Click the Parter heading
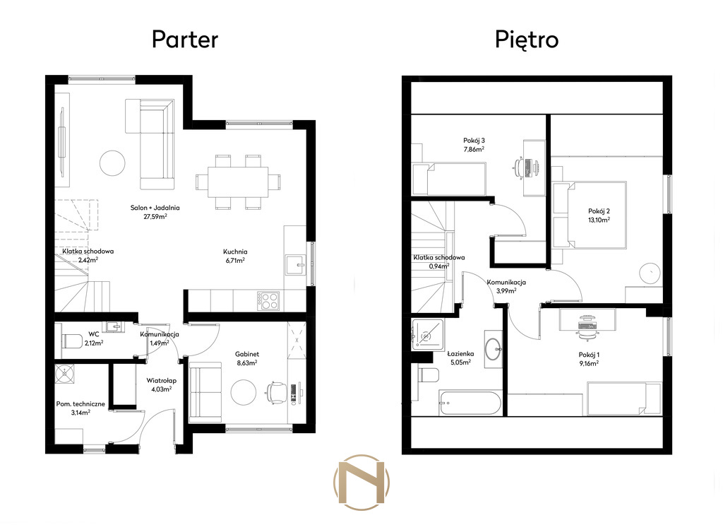pyautogui.click(x=185, y=40)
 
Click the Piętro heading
pyautogui.click(x=527, y=40)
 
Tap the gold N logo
pyautogui.click(x=361, y=483)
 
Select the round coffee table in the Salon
pyautogui.click(x=112, y=163)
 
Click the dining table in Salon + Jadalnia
pyautogui.click(x=238, y=182)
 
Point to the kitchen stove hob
pyautogui.click(x=268, y=301)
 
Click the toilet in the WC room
pyautogui.click(x=72, y=341)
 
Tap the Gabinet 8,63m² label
pyautogui.click(x=247, y=358)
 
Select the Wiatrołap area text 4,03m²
pyautogui.click(x=162, y=389)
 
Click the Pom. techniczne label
pyautogui.click(x=80, y=403)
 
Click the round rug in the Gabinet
pyautogui.click(x=244, y=393)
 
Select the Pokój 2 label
pyautogui.click(x=599, y=211)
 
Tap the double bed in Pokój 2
pyautogui.click(x=590, y=215)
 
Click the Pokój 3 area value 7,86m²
pyautogui.click(x=474, y=150)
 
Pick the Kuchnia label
pyautogui.click(x=235, y=252)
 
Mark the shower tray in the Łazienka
pyautogui.click(x=428, y=334)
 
